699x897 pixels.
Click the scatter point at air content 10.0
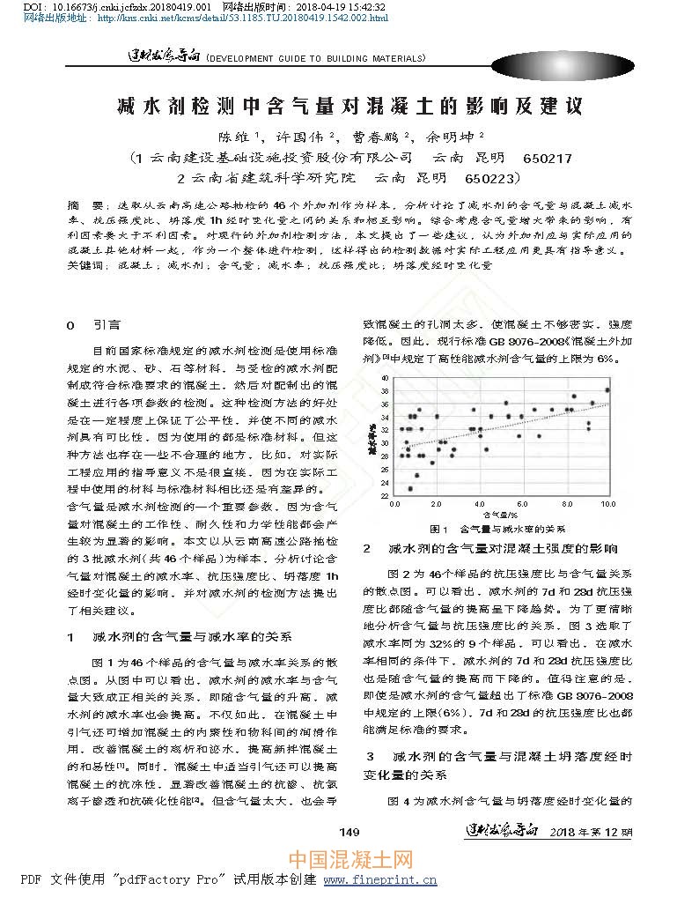pyautogui.click(x=607, y=389)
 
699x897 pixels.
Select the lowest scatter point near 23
pyautogui.click(x=410, y=488)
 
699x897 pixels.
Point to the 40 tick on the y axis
pyautogui.click(x=384, y=377)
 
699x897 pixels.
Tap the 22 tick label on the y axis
pyautogui.click(x=384, y=495)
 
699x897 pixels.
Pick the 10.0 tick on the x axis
pyautogui.click(x=607, y=504)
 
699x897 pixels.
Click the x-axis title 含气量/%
pyautogui.click(x=499, y=514)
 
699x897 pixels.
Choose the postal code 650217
pyautogui.click(x=547, y=158)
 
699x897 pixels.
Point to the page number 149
pyautogui.click(x=349, y=832)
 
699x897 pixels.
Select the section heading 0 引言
pyautogui.click(x=94, y=325)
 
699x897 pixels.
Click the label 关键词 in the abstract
pyautogui.click(x=85, y=264)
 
